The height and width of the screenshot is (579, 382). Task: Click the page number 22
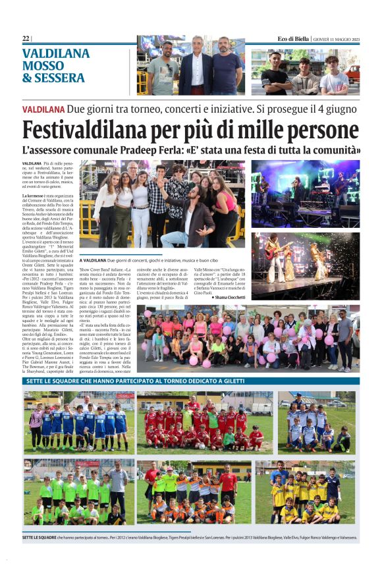(25, 39)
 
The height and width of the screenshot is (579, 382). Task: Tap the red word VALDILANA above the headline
(43, 107)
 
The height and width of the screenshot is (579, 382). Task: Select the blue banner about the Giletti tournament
(191, 381)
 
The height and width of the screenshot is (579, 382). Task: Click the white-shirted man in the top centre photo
(197, 66)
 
